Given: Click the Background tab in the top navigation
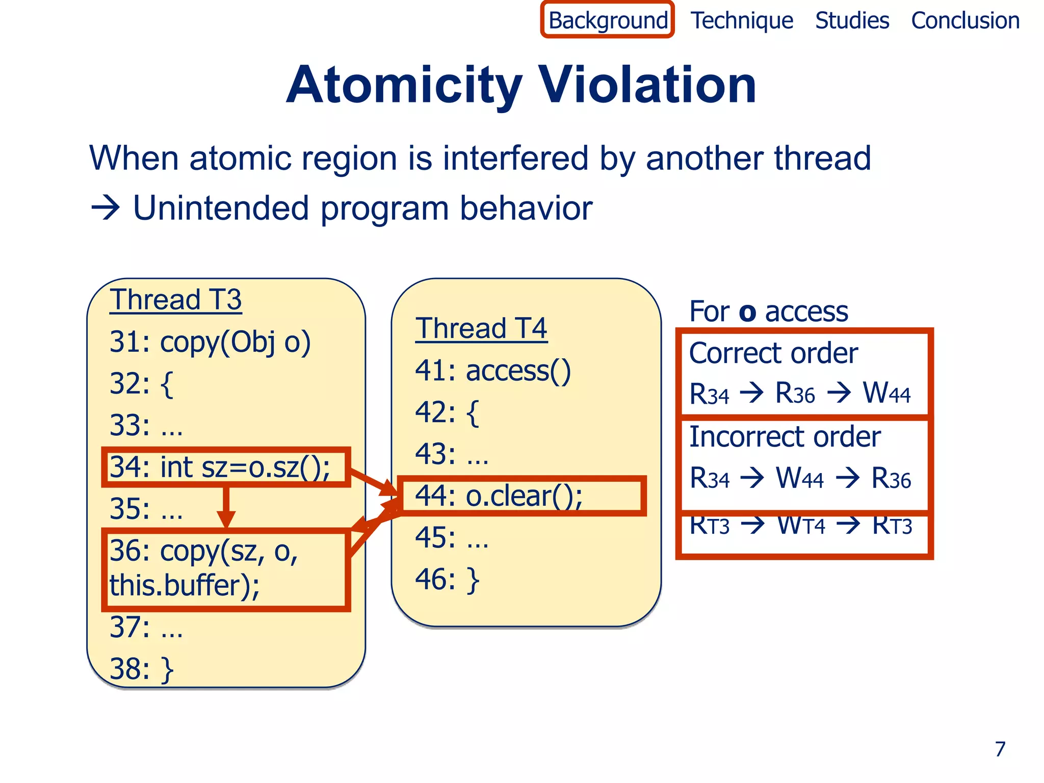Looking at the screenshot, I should click(608, 21).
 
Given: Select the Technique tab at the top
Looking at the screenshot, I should click(742, 21).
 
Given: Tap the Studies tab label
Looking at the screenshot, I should click(852, 21).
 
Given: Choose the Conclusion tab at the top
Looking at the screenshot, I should click(965, 21).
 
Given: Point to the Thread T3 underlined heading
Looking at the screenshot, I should click(176, 299).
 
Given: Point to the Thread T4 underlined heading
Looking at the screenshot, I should click(481, 328).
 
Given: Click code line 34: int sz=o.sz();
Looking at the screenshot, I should click(220, 467).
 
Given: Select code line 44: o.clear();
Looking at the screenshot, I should click(499, 496).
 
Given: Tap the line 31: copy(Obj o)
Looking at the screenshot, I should click(210, 342).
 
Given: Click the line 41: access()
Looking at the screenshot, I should click(492, 371).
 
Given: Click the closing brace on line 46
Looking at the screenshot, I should click(473, 580).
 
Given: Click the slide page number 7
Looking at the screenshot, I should click(1000, 749).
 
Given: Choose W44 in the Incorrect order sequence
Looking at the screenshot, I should click(799, 479).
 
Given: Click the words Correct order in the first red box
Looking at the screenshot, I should click(773, 353).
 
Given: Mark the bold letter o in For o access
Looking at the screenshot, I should click(747, 312).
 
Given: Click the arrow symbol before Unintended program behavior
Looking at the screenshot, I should click(105, 208).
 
